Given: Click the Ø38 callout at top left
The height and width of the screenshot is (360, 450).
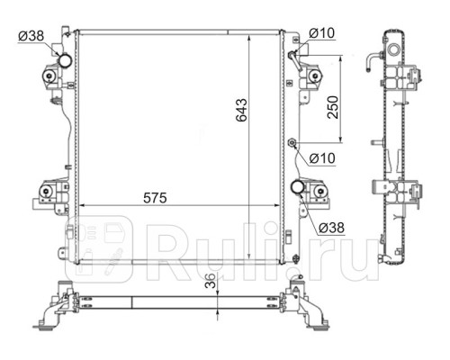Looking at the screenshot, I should tap(31, 37).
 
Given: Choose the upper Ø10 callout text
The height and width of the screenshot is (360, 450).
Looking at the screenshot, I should tap(322, 33).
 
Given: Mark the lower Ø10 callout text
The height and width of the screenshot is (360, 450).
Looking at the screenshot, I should tap(322, 159).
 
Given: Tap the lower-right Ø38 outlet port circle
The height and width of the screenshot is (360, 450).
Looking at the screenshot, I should tap(296, 186).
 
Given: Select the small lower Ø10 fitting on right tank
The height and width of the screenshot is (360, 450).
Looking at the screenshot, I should tap(292, 143).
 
